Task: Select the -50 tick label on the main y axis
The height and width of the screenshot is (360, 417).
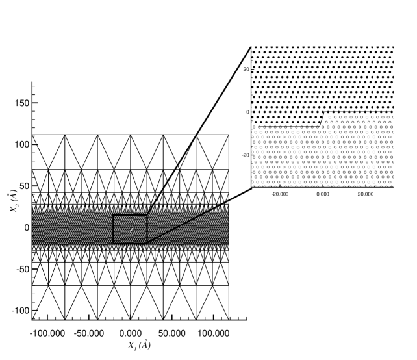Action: (20, 268)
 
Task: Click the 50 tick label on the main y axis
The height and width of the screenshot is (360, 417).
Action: (24, 186)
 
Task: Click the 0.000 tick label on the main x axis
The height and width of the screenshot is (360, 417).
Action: (131, 333)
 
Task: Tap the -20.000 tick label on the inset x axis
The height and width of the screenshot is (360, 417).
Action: (280, 193)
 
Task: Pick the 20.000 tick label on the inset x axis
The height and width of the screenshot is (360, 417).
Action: (366, 193)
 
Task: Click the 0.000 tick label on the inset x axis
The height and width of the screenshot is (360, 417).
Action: (323, 193)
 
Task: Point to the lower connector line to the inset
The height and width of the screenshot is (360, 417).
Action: (199, 216)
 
